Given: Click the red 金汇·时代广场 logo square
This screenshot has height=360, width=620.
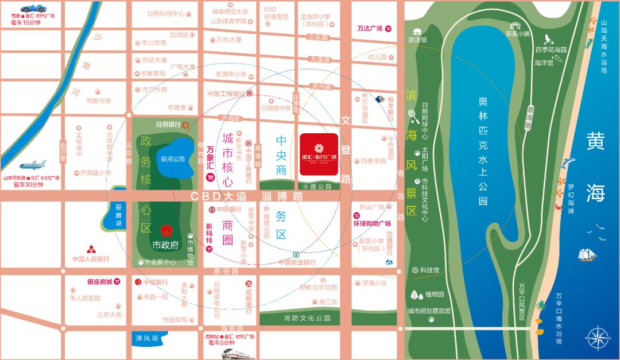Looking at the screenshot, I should (319, 157).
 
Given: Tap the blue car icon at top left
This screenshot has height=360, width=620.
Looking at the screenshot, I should (32, 9).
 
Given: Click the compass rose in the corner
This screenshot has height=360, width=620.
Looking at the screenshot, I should (597, 337).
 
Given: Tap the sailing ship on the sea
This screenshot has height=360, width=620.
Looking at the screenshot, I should (587, 253).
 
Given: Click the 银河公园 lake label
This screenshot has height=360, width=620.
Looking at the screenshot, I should (172, 159).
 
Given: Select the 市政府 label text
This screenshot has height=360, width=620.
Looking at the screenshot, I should (166, 245).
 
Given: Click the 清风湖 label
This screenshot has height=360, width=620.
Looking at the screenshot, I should (146, 338).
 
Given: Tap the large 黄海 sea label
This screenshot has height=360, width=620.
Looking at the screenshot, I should (595, 167).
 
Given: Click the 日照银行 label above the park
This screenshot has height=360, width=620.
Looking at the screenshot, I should (168, 124).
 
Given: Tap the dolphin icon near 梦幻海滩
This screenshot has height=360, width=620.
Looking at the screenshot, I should (569, 164).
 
